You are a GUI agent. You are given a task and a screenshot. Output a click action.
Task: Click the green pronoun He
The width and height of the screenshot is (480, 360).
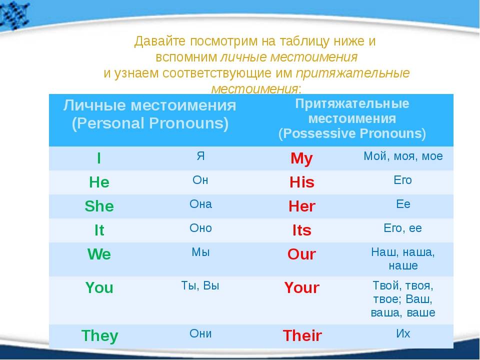point(99,182)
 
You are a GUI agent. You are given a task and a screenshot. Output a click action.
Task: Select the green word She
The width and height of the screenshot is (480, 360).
point(99,206)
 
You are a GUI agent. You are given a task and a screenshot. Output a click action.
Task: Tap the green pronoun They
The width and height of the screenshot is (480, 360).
point(100,336)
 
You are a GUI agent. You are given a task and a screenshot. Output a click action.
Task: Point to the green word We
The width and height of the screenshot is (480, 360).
point(99,254)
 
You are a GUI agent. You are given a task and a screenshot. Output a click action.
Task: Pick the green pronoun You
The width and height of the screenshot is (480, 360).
point(99,288)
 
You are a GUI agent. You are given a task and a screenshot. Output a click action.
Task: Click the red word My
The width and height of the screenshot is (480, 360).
point(301,159)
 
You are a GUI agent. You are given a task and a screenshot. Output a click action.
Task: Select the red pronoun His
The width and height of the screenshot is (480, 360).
point(302,182)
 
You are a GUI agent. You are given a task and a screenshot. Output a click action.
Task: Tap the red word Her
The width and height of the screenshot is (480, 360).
point(302,206)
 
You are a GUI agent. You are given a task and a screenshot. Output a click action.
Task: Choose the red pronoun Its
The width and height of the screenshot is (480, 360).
point(302,230)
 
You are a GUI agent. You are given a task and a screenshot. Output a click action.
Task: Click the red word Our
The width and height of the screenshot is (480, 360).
point(301,254)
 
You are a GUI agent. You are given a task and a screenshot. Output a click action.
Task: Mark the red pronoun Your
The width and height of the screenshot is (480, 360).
point(301,288)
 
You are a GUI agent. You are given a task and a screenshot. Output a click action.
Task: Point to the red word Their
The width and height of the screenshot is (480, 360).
point(302,335)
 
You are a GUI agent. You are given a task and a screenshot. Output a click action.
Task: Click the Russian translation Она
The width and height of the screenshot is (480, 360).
point(200,204)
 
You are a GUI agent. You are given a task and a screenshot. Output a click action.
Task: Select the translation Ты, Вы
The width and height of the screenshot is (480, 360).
point(200,286)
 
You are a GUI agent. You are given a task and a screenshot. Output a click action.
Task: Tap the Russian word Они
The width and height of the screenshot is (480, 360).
point(200,333)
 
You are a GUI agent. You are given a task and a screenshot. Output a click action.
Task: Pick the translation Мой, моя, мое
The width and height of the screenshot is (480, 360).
point(403,156)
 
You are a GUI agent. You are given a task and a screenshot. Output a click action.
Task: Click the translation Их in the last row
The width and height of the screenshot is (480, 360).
point(403,333)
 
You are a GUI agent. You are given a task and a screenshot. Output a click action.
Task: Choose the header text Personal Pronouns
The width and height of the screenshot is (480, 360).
point(150,123)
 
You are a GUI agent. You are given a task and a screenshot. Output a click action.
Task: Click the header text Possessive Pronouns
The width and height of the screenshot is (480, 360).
point(352,134)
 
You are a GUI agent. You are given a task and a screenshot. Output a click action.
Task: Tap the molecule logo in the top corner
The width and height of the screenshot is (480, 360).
point(14,14)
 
